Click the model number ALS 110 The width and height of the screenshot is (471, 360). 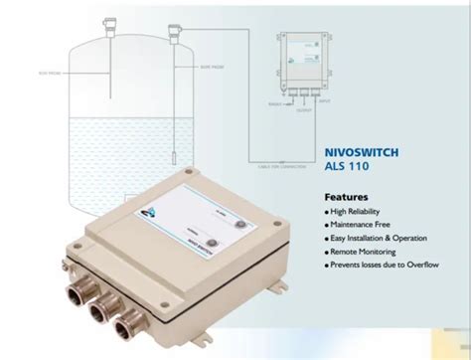345,170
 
